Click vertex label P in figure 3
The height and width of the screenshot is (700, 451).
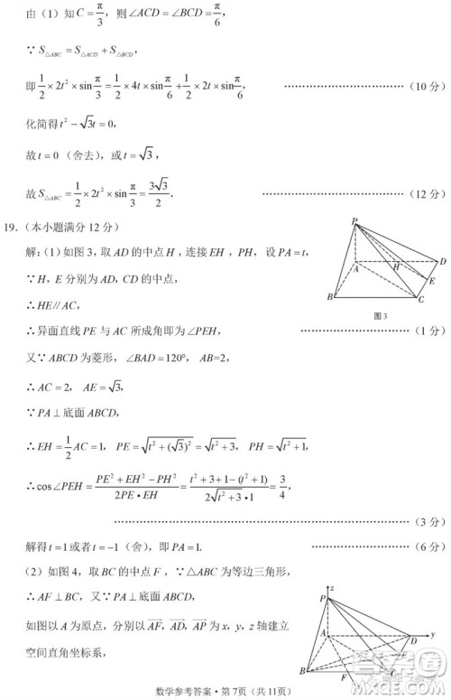pyautogui.click(x=354, y=221)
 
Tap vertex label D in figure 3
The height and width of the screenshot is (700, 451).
pyautogui.click(x=442, y=262)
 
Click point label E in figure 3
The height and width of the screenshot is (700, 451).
pyautogui.click(x=432, y=282)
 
